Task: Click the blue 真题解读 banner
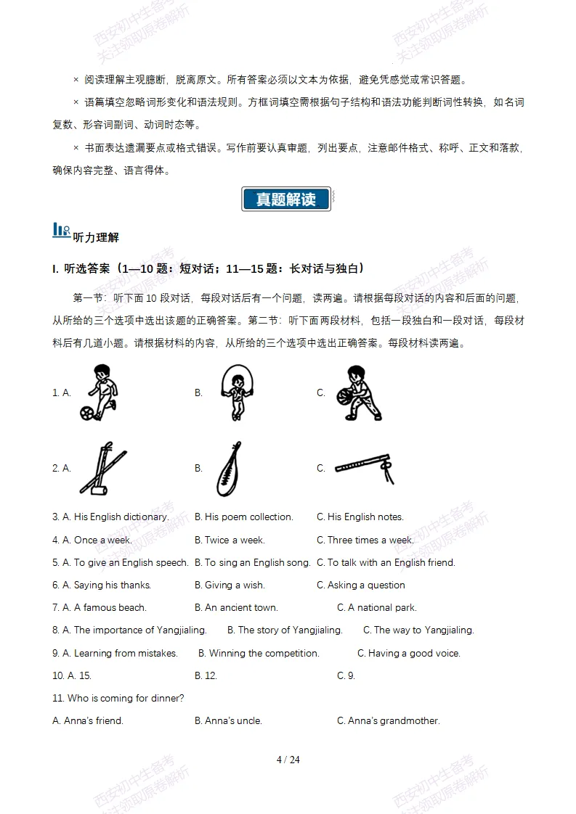(x=286, y=200)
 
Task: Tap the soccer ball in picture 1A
(x=86, y=414)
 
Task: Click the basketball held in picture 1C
(x=344, y=397)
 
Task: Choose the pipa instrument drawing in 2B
(x=229, y=469)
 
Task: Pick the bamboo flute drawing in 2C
(x=364, y=467)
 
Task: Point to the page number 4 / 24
(x=288, y=760)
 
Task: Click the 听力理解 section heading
(x=96, y=238)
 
